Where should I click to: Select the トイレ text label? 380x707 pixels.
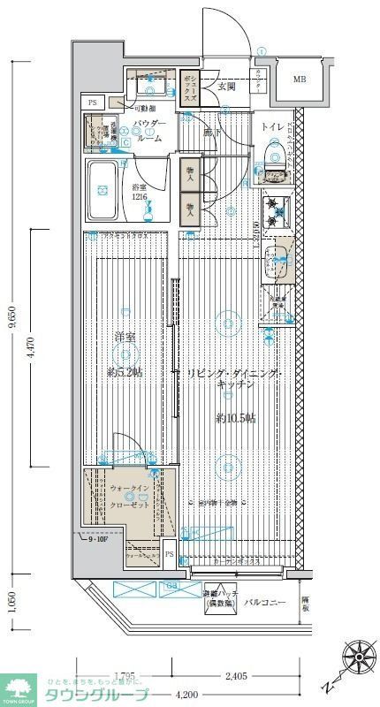click(271, 127)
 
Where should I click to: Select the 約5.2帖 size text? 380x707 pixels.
click(125, 372)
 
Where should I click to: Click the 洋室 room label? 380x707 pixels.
click(125, 337)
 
